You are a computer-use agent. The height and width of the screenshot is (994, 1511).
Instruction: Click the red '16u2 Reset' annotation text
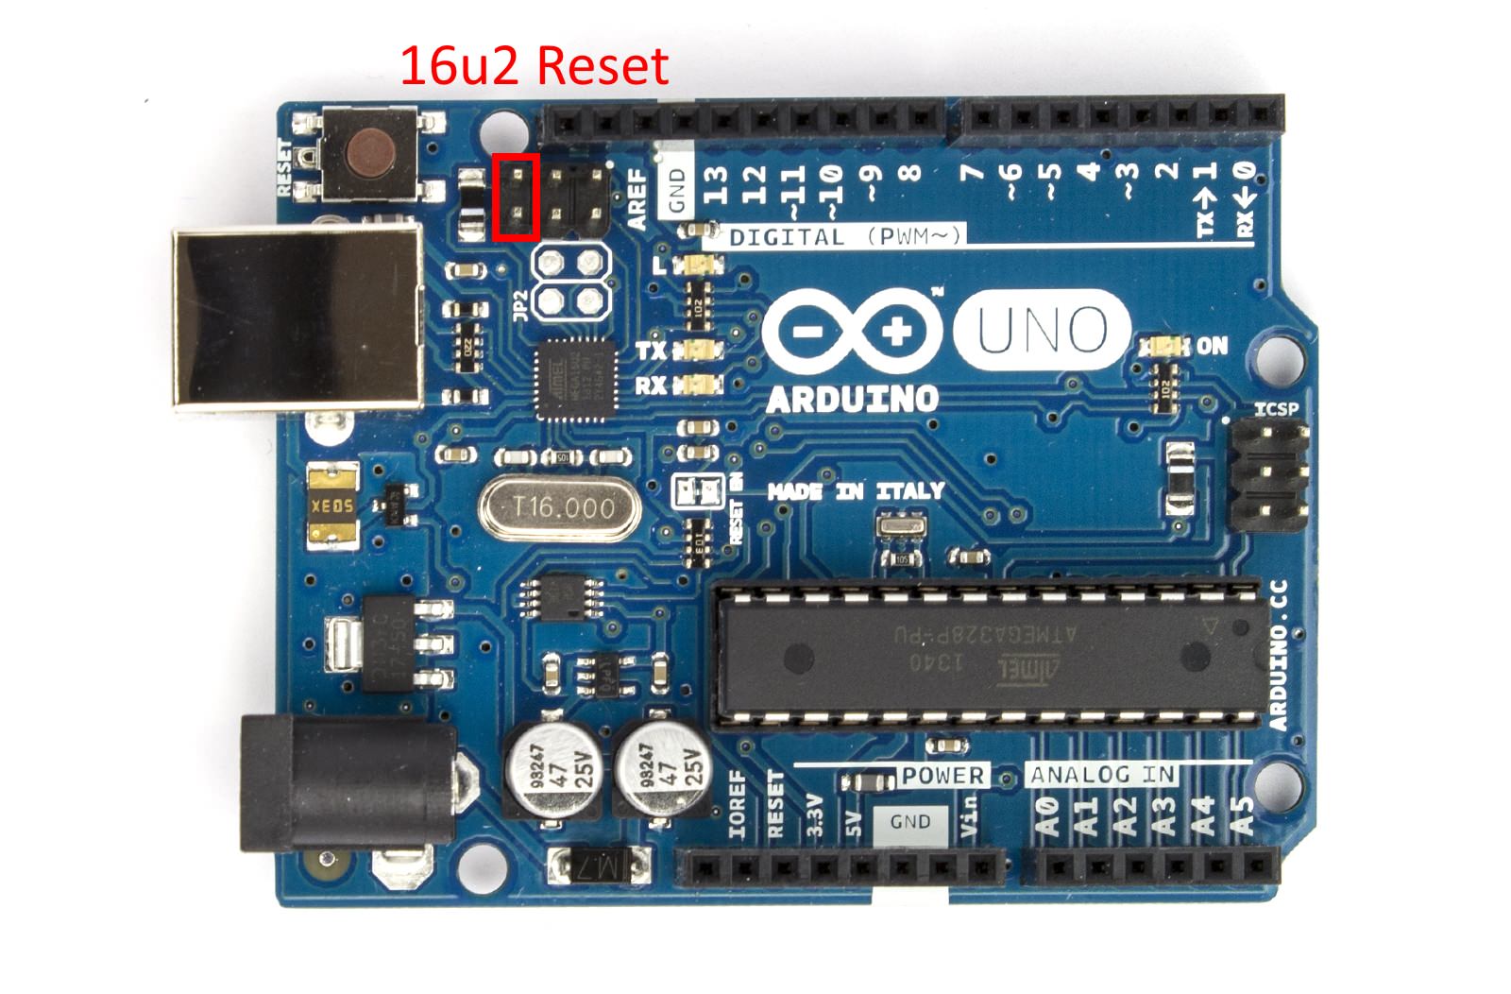click(535, 66)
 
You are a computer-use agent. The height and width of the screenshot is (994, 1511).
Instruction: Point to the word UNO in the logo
click(1042, 329)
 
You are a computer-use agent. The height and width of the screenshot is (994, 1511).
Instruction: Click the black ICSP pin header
click(1271, 472)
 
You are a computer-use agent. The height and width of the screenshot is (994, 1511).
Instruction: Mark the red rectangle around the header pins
click(516, 197)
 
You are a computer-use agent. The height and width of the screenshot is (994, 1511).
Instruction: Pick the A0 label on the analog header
click(1047, 816)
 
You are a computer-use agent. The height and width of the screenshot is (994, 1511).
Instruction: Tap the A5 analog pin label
click(1245, 816)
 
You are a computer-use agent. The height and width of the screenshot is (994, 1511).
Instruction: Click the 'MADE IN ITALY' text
click(856, 491)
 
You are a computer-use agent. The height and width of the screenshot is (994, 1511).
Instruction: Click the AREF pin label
click(638, 199)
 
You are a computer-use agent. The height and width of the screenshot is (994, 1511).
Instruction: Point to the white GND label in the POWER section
click(909, 822)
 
